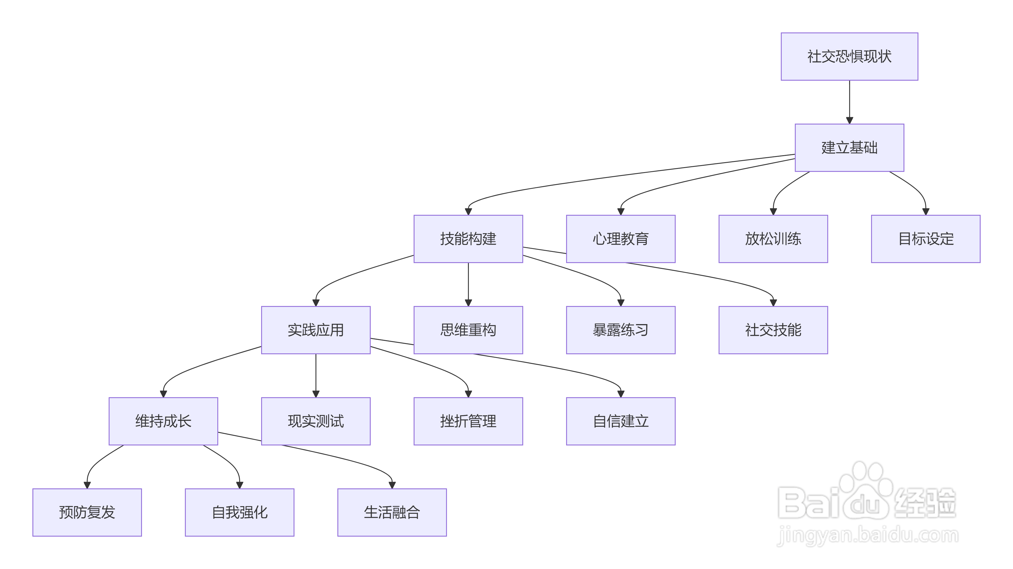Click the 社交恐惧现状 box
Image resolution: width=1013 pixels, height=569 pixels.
(x=849, y=57)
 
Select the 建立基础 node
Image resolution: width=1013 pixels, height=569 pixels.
(x=849, y=148)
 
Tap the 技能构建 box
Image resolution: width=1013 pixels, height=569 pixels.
(x=468, y=239)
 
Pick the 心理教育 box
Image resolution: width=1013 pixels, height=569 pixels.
(x=620, y=239)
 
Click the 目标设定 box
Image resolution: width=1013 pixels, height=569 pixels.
(x=925, y=239)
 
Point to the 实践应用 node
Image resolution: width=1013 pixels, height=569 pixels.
(x=316, y=330)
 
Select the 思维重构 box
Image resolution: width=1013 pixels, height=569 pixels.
(x=468, y=330)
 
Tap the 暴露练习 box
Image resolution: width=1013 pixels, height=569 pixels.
(x=620, y=330)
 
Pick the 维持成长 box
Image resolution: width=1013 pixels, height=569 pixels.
(x=163, y=421)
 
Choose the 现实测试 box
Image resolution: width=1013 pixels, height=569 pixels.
(x=316, y=421)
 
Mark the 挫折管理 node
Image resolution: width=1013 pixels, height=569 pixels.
(x=468, y=421)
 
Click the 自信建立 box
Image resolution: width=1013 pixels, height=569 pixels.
(x=620, y=421)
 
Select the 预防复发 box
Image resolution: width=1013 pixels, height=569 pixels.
(x=87, y=512)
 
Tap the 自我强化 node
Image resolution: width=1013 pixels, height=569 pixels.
(x=240, y=512)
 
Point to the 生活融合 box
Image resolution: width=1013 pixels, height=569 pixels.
(x=392, y=512)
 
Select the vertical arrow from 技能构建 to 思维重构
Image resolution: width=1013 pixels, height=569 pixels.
(x=468, y=284)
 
